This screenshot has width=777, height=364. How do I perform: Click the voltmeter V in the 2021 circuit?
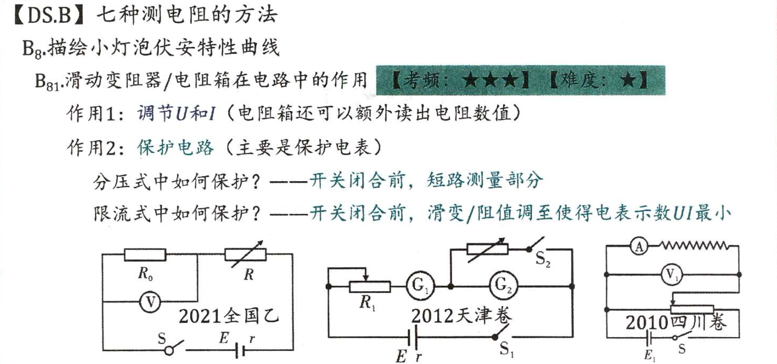pos(151,302)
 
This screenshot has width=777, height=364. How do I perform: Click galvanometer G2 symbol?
pos(502,286)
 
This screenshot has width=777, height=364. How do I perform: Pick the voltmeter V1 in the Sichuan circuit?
pos(671,274)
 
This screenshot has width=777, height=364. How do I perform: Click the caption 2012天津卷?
pos(461,316)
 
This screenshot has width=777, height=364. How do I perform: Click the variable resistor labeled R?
pos(246,254)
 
